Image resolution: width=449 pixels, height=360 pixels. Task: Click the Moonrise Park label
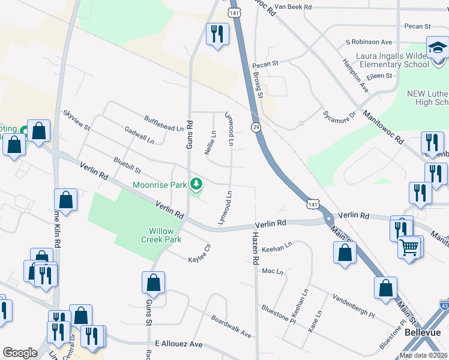pyautogui.click(x=160, y=185)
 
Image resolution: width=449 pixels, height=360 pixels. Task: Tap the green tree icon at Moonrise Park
pyautogui.click(x=195, y=184)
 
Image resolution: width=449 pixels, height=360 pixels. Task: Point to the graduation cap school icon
pyautogui.click(x=438, y=47)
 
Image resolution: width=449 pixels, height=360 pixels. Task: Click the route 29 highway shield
pyautogui.click(x=256, y=127)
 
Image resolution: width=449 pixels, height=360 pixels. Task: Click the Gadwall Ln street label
pyautogui.click(x=139, y=135)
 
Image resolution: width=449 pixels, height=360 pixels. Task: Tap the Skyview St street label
pyautogui.click(x=76, y=121)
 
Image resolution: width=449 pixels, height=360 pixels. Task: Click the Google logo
pyautogui.click(x=20, y=353)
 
